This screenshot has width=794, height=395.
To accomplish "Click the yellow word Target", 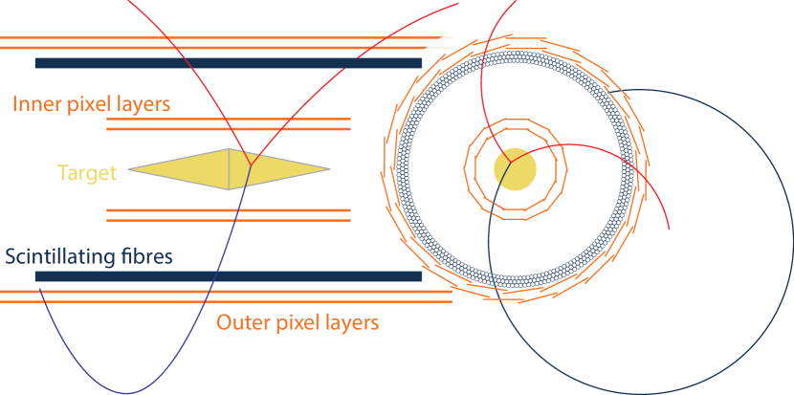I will [x=87, y=173].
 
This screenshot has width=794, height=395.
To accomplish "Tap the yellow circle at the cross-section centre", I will [x=515, y=169].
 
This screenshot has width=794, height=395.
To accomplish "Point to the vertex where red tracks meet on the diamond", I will [x=252, y=165].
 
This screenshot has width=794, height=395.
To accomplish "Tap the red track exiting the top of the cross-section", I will [x=490, y=57].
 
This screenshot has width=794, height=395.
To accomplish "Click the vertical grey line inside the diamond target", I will [x=230, y=169].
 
